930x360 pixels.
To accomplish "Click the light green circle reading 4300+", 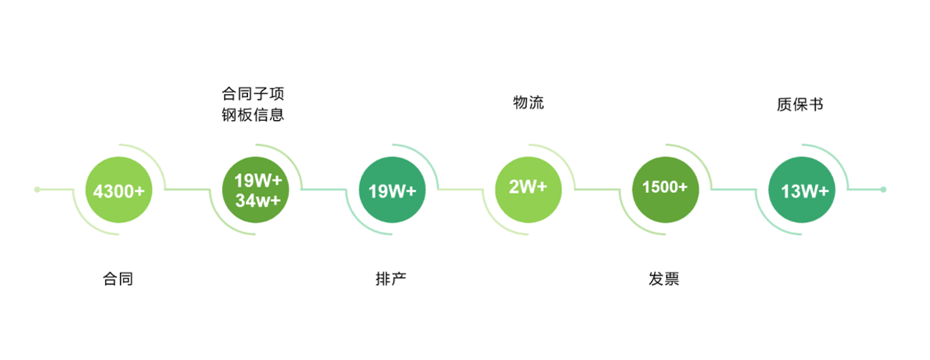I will pyautogui.click(x=119, y=190).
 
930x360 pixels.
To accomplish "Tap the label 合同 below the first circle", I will pyautogui.click(x=119, y=279).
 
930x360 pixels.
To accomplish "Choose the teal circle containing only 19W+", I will pyautogui.click(x=392, y=190).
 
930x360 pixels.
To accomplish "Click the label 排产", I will pyautogui.click(x=391, y=279).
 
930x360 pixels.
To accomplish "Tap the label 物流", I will pyautogui.click(x=528, y=103).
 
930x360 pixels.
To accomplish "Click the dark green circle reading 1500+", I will pyautogui.click(x=665, y=187).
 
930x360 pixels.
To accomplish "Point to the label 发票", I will pyautogui.click(x=664, y=279).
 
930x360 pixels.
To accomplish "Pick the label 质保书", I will pyautogui.click(x=800, y=105).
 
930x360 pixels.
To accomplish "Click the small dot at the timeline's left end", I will pyautogui.click(x=37, y=190).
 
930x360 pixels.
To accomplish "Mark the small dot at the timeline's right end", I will pyautogui.click(x=883, y=190).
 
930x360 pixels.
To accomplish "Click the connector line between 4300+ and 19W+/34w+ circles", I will pyautogui.click(x=188, y=190).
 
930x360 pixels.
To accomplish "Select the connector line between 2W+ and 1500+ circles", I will pyautogui.click(x=597, y=190).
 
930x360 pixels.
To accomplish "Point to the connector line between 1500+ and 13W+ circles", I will pyautogui.click(x=733, y=190).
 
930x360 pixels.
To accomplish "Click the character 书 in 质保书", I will pyautogui.click(x=816, y=105).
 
